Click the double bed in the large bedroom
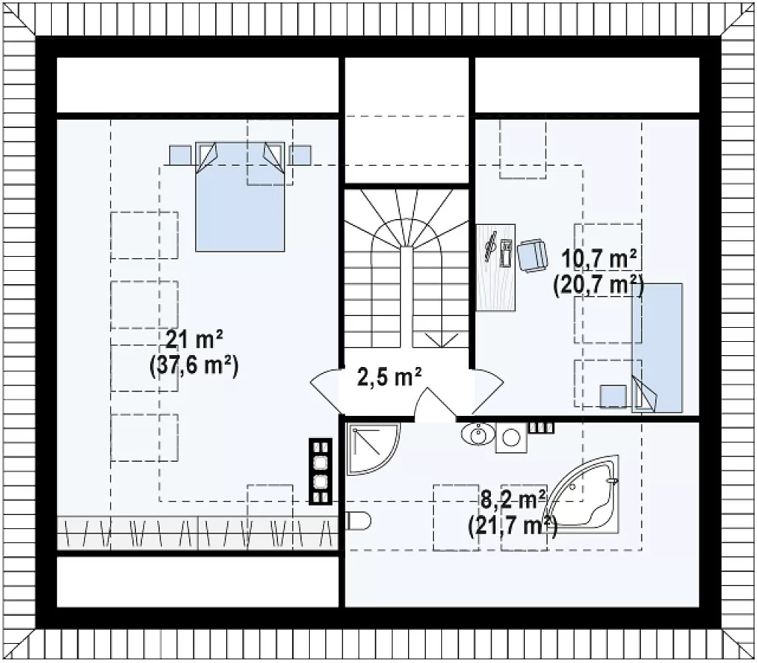click(240, 197)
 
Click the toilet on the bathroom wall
click(359, 521)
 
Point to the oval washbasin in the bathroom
click(478, 434)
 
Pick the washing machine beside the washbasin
click(512, 437)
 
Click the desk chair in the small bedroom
click(532, 255)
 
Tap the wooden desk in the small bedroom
click(496, 267)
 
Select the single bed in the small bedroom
click(657, 348)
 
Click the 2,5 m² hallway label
click(389, 377)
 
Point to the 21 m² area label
click(193, 340)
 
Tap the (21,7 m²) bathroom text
click(513, 525)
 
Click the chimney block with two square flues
click(321, 471)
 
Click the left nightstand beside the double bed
click(180, 155)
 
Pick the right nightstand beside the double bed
click(300, 155)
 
